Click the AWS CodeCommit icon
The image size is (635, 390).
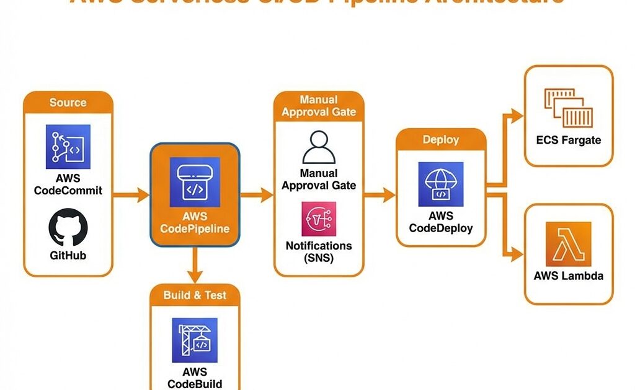click(68, 147)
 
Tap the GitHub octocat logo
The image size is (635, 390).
click(68, 227)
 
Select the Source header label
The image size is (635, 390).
click(68, 102)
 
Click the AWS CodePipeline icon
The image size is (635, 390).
click(195, 182)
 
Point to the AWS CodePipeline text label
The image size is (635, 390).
click(195, 223)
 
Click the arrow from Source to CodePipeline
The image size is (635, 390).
click(132, 196)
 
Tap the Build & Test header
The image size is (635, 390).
click(195, 295)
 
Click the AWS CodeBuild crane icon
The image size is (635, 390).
click(195, 340)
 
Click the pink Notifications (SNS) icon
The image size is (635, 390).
click(319, 219)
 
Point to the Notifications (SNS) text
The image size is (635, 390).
click(319, 251)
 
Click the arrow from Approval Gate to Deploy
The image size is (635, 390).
click(380, 196)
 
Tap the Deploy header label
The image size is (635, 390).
click(440, 140)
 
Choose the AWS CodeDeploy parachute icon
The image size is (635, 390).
click(441, 184)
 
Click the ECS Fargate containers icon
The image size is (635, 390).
click(569, 107)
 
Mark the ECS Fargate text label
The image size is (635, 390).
click(569, 141)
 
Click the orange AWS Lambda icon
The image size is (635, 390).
click(569, 245)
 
